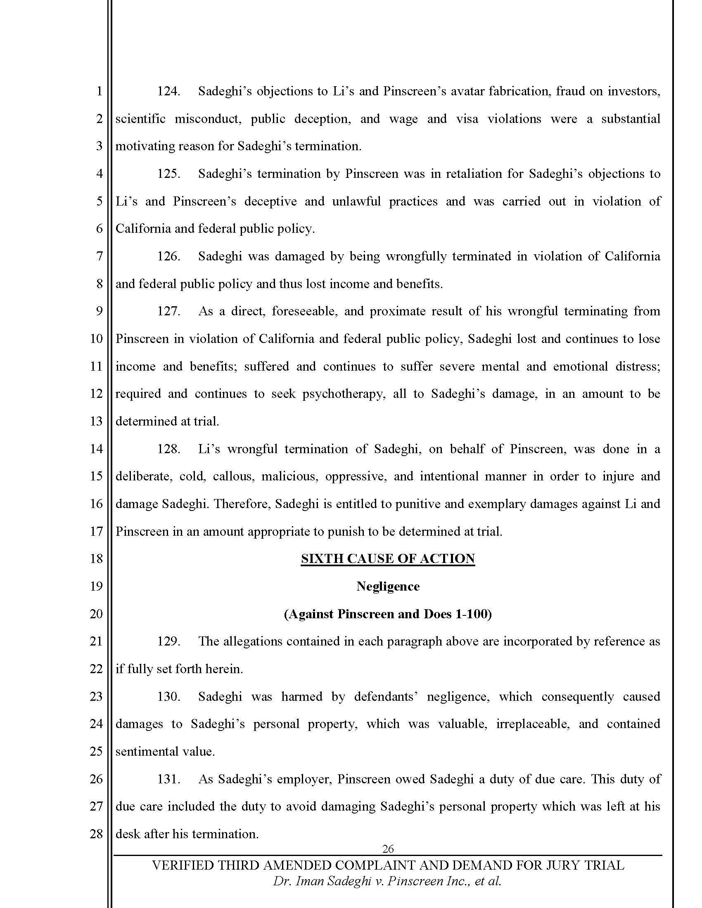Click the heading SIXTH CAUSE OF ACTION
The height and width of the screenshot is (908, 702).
click(x=388, y=559)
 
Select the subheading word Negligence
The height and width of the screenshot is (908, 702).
click(x=388, y=586)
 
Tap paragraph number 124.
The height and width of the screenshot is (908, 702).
click(x=168, y=92)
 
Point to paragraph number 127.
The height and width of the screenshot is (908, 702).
click(x=168, y=311)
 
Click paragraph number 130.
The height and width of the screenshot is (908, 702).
click(x=168, y=696)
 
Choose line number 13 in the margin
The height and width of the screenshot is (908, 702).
click(x=96, y=421)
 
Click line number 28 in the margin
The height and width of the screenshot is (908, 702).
click(x=96, y=834)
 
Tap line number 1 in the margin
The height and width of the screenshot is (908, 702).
click(x=99, y=92)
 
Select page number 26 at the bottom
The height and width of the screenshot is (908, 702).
click(x=388, y=849)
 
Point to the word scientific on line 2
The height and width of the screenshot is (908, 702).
click(x=140, y=119)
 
